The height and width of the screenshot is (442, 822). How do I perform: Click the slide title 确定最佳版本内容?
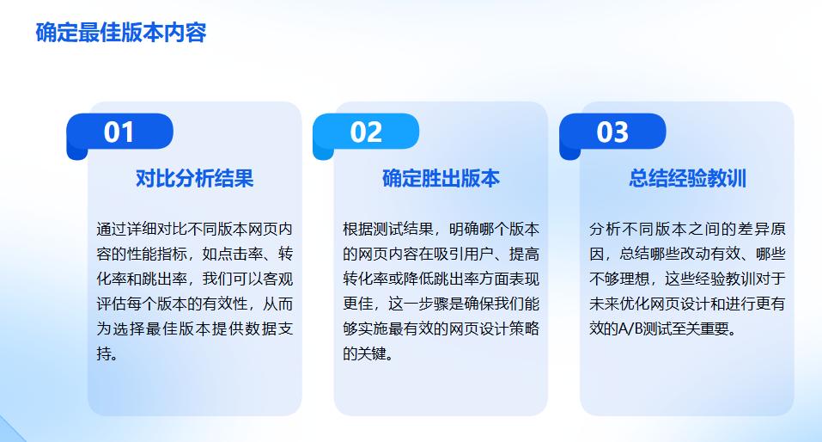pos(121,34)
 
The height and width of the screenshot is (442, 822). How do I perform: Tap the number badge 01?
pos(119,132)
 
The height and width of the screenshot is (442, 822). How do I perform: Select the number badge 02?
pos(366,132)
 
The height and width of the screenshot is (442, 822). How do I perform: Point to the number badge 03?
pos(612,132)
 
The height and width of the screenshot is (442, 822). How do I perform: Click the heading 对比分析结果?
pos(195,179)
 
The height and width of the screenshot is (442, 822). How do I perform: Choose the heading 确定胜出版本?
pos(441,179)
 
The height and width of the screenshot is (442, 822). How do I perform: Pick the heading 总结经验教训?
pos(687,179)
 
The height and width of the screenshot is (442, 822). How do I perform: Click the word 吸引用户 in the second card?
pos(478,255)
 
